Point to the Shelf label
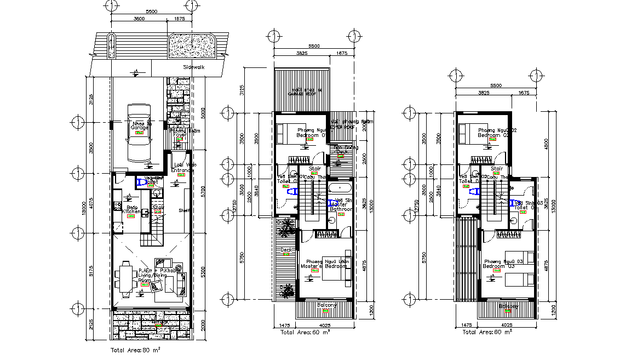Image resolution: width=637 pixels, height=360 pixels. point(184,210)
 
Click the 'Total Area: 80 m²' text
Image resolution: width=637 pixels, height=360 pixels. point(135,348)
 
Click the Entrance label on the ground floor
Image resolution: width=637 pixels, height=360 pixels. point(183,170)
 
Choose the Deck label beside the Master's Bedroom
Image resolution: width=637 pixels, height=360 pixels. point(285,250)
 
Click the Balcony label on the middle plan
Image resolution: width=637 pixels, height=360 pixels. point(327,306)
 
